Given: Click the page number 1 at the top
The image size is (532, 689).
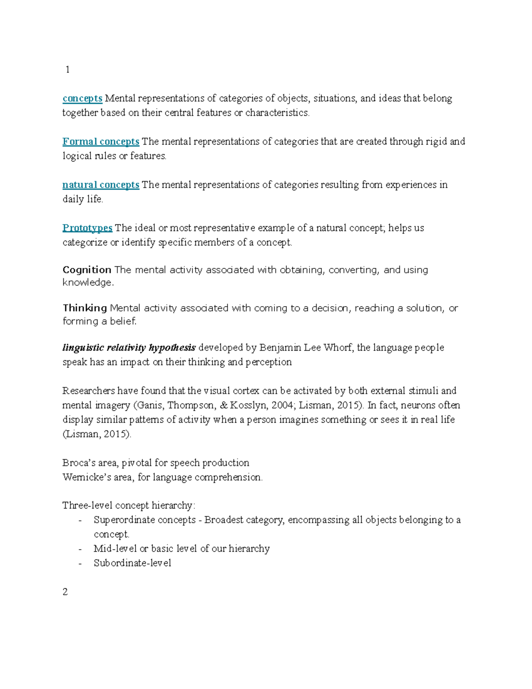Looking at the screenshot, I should click(67, 70).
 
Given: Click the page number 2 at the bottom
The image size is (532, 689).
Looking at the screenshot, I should click(65, 592).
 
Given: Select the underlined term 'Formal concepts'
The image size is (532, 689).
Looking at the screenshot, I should click(101, 142).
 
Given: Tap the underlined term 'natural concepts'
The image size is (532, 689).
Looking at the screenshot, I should click(101, 185).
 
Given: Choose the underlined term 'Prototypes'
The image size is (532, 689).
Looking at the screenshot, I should click(87, 228).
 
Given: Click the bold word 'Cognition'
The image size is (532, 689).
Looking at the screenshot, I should click(87, 270).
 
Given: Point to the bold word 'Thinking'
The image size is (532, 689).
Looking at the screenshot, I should click(85, 308).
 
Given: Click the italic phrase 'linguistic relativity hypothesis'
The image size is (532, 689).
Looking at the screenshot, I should click(129, 347).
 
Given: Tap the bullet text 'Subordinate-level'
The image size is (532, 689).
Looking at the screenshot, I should click(132, 563).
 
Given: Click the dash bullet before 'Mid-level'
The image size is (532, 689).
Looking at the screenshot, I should click(80, 549).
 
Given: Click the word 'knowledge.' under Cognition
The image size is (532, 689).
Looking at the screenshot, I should click(88, 283).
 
